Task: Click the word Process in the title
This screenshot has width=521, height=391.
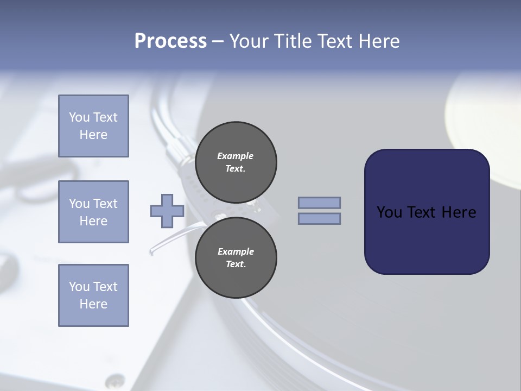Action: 170,41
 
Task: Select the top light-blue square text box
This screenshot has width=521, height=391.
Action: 93,126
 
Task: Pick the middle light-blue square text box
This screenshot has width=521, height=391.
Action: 93,212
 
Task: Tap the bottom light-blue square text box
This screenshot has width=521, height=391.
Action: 93,295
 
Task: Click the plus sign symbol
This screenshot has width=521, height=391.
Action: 167,211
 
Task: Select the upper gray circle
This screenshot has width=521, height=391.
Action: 236,162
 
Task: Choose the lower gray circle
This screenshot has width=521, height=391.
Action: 236,258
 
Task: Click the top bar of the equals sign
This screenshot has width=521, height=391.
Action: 319,203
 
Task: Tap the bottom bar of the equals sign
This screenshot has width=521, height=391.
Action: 319,218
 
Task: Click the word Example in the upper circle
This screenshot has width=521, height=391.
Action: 236,156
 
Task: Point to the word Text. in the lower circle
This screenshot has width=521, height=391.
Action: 236,264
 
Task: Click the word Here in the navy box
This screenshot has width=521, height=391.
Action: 459,212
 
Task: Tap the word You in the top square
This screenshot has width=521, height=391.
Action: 79,117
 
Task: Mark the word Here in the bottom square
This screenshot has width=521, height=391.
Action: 93,304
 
